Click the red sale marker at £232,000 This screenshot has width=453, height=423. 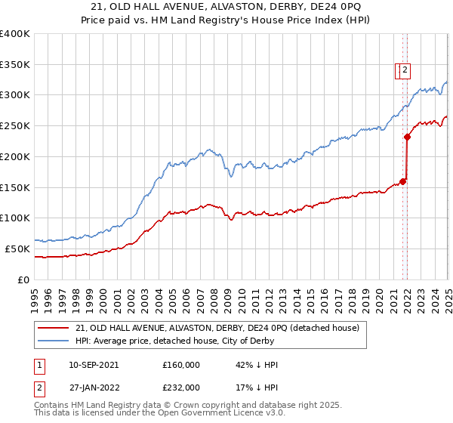pyautogui.click(x=407, y=137)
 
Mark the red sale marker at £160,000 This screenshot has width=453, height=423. pyautogui.click(x=402, y=181)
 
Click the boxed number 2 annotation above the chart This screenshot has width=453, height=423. pyautogui.click(x=405, y=70)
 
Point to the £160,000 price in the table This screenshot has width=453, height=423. pyautogui.click(x=181, y=365)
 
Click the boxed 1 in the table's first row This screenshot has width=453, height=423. pyautogui.click(x=39, y=365)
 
